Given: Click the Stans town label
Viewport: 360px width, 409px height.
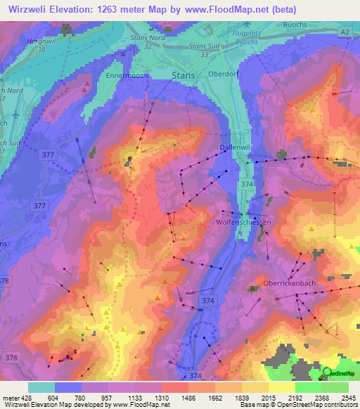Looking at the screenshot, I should pos(184,74).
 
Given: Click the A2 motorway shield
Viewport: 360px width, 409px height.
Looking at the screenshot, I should pos(343,32).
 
